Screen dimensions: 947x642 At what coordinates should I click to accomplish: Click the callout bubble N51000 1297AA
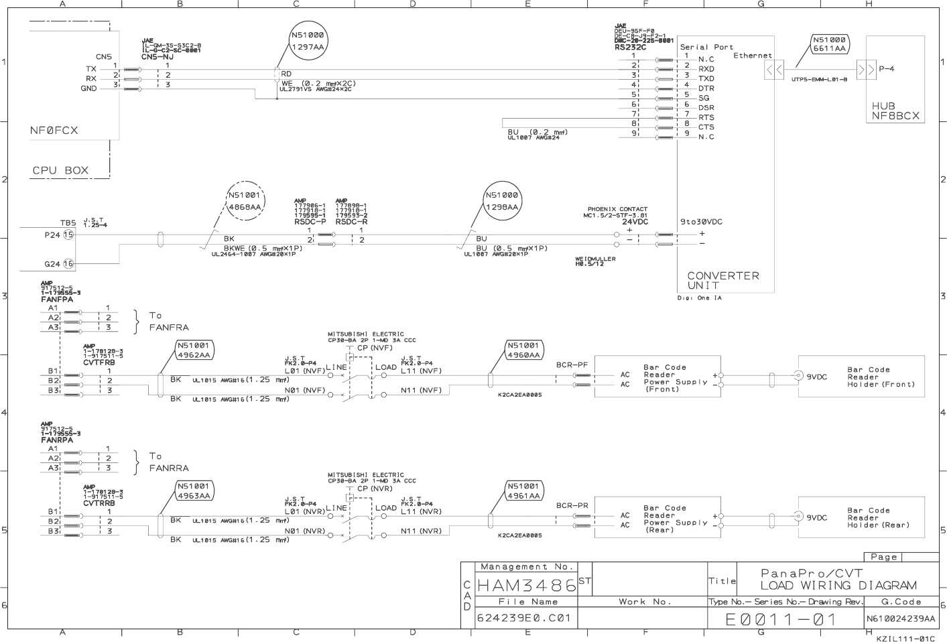[x=308, y=41]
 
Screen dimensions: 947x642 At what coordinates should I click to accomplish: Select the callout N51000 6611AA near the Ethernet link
[x=830, y=44]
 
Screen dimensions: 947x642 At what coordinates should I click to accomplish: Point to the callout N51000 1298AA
[x=502, y=202]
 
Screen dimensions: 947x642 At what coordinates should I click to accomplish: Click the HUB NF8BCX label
[x=895, y=111]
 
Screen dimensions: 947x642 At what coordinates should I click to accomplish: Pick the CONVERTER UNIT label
[x=723, y=280]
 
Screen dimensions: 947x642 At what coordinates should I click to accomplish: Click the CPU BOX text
[x=60, y=170]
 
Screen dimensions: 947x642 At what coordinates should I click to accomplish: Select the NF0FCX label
[x=54, y=131]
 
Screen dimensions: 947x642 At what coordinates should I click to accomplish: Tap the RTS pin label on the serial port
[x=706, y=117]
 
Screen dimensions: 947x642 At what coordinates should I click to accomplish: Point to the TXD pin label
[x=706, y=78]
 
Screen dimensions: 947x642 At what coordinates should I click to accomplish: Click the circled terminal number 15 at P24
[x=68, y=235]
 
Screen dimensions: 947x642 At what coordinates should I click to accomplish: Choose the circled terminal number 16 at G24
[x=68, y=264]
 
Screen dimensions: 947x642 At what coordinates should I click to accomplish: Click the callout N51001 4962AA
[x=194, y=350]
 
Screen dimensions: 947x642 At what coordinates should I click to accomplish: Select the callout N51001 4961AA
[x=523, y=491]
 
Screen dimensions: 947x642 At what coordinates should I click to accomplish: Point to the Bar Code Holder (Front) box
[x=861, y=377]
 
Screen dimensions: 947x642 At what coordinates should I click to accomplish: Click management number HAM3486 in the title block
[x=526, y=585]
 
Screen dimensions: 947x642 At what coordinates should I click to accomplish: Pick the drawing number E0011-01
[x=781, y=619]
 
